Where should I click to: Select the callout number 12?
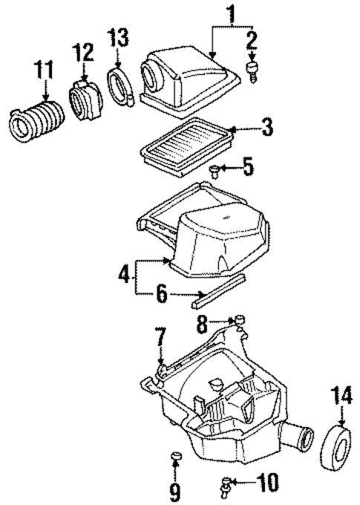pyautogui.click(x=83, y=53)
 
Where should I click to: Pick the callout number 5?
pyautogui.click(x=248, y=166)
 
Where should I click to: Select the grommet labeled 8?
pyautogui.click(x=240, y=320)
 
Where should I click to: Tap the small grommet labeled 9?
pyautogui.click(x=176, y=455)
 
